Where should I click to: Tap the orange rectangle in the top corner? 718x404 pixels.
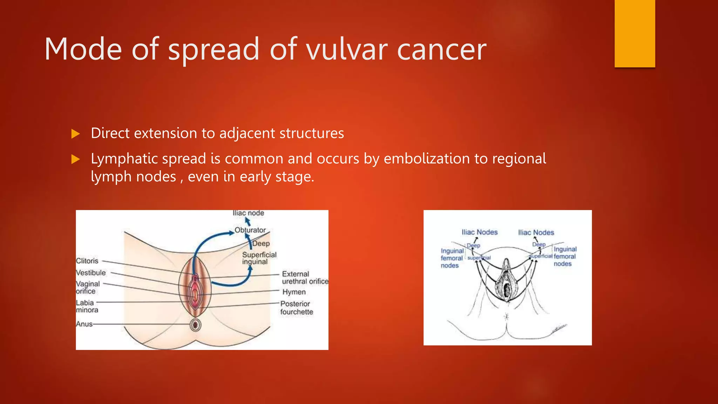(x=635, y=33)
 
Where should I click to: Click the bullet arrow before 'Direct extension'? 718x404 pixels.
(x=75, y=134)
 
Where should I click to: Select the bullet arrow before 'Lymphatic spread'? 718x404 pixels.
(x=75, y=159)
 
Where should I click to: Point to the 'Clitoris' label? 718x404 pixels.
(x=87, y=261)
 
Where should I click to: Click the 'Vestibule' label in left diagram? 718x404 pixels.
(x=91, y=273)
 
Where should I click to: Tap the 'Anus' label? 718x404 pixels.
(x=84, y=324)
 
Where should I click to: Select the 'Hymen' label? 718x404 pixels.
(x=294, y=292)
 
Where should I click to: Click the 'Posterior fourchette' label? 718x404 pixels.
(x=296, y=308)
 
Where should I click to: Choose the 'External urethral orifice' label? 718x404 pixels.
(x=304, y=277)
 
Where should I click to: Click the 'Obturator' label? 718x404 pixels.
(x=250, y=230)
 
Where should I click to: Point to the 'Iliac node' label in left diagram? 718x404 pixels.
(x=248, y=213)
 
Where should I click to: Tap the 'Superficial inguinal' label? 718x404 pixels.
(x=259, y=258)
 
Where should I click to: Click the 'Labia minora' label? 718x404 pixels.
(x=87, y=306)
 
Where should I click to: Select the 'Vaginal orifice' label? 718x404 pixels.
(x=88, y=287)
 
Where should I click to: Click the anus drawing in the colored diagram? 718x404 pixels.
(x=195, y=325)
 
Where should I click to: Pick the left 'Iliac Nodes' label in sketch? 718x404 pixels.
(x=479, y=232)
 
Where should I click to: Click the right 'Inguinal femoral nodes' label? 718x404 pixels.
(x=564, y=256)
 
